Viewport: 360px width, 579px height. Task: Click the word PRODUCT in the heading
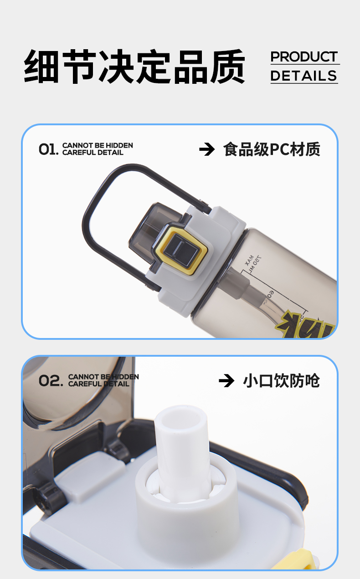(x=304, y=57)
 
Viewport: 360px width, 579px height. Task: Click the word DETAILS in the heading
(x=304, y=76)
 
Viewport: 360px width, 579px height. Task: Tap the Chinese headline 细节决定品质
(x=134, y=67)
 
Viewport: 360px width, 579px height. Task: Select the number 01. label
(x=48, y=149)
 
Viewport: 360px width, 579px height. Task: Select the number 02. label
(x=51, y=380)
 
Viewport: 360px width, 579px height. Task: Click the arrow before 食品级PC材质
(x=207, y=149)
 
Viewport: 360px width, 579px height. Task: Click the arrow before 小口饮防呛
(x=226, y=380)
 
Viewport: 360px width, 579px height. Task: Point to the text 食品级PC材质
(x=272, y=149)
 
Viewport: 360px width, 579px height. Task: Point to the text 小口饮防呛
(x=282, y=380)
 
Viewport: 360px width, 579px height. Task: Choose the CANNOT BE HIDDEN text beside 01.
(x=98, y=145)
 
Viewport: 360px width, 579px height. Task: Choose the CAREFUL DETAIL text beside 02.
(x=98, y=384)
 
